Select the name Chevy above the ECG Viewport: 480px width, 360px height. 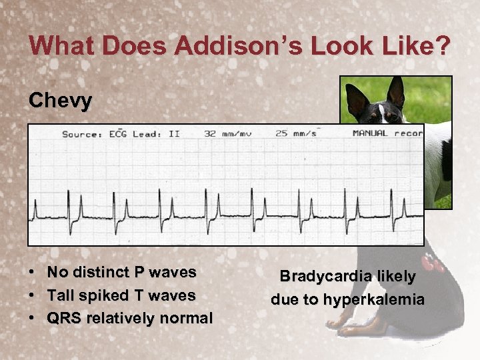pos(61,101)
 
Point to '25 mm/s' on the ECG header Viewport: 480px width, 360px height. pos(296,133)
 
